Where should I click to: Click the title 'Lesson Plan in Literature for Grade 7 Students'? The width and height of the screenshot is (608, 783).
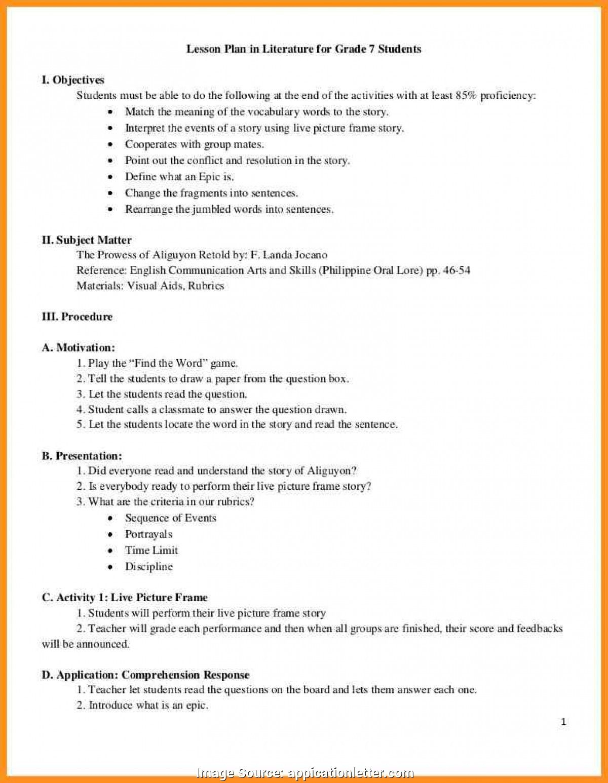click(x=304, y=49)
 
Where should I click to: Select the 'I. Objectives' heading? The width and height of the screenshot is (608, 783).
click(x=73, y=80)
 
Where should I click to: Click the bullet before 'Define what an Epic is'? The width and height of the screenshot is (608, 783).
click(x=110, y=177)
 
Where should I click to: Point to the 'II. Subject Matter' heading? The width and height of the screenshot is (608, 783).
click(x=87, y=240)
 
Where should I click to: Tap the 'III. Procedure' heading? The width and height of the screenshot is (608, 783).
click(x=77, y=317)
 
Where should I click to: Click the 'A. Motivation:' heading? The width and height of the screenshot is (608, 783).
click(x=79, y=347)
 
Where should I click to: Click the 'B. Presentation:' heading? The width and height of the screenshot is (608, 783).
click(x=82, y=456)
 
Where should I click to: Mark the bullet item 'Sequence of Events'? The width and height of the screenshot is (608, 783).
click(x=170, y=518)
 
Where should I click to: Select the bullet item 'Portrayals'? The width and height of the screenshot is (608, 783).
click(x=148, y=534)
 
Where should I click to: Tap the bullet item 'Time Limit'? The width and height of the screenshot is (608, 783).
click(x=151, y=550)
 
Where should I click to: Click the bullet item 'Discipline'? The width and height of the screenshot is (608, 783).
click(x=149, y=566)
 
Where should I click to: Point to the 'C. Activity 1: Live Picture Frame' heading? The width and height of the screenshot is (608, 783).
click(x=125, y=598)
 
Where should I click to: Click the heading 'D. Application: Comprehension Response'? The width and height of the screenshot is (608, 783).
click(x=145, y=675)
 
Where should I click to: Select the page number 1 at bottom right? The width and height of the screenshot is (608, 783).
click(x=563, y=722)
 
